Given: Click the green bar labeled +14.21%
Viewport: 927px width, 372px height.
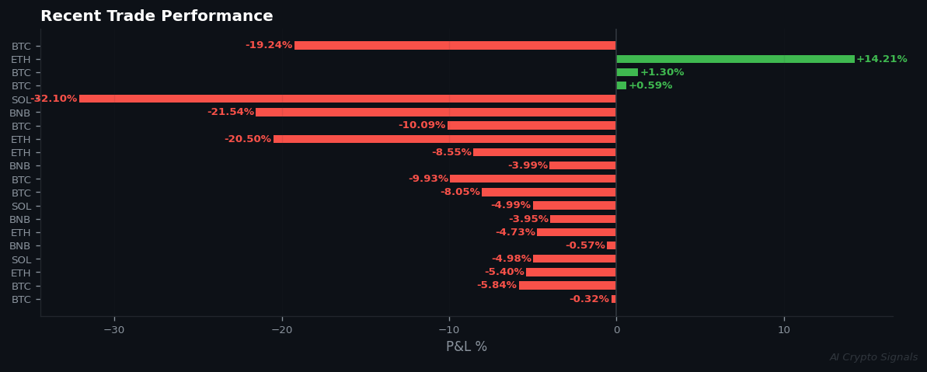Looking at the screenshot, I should click(735, 59).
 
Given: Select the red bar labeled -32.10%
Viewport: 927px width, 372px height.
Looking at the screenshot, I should click(347, 99).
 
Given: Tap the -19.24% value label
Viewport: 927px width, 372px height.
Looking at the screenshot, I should click(269, 46).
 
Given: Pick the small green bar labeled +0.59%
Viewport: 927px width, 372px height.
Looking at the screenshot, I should click(621, 85).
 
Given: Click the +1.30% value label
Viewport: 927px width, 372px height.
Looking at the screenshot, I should click(662, 72).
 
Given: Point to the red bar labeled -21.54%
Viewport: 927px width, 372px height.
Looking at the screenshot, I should click(436, 113).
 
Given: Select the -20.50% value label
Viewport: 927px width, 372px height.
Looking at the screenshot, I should click(247, 139).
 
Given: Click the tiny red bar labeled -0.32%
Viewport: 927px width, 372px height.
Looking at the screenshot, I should click(614, 299).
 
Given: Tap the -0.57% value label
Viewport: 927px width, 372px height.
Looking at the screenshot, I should click(585, 245).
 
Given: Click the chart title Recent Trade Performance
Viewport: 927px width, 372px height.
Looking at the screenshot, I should click(157, 16).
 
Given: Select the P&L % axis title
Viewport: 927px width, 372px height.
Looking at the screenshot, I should click(466, 346).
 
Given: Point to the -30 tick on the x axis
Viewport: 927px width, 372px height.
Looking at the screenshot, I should click(114, 330).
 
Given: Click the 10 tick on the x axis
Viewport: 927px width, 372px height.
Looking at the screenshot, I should click(784, 330).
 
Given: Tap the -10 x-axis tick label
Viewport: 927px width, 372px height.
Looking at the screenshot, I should click(449, 330).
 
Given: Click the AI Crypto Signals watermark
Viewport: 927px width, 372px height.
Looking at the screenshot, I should click(873, 357).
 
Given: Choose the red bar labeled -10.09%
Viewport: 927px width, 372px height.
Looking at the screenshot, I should click(531, 126).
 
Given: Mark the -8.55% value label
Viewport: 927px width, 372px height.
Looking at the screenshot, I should click(451, 152).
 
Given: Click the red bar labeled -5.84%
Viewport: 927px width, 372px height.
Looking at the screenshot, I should click(567, 286).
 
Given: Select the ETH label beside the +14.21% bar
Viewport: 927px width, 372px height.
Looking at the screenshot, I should click(21, 60).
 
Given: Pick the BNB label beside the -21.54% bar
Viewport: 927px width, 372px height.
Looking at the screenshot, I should click(20, 113).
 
